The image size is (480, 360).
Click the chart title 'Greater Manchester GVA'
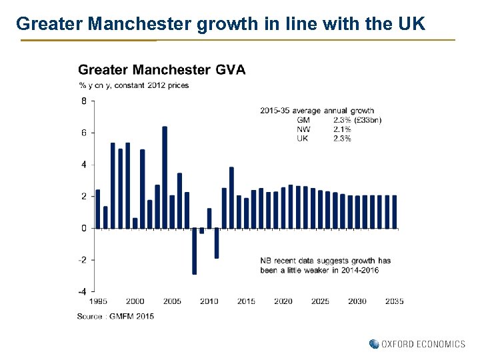[161, 69]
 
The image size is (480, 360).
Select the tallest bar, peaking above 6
[165, 177]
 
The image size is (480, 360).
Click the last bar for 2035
[394, 212]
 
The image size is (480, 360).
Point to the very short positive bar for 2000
[135, 223]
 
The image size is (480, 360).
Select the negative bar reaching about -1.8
[217, 243]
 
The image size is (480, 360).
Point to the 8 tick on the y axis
[84, 101]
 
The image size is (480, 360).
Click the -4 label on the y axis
[81, 292]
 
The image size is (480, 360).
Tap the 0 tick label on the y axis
[84, 229]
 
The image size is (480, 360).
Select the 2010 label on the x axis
[209, 301]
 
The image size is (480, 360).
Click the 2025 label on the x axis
[320, 301]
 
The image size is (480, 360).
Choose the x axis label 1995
[97, 301]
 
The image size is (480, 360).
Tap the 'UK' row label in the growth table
[303, 139]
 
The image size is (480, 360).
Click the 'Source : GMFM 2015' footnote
[115, 316]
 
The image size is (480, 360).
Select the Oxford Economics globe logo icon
[373, 344]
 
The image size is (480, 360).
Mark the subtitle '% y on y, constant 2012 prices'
[133, 85]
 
